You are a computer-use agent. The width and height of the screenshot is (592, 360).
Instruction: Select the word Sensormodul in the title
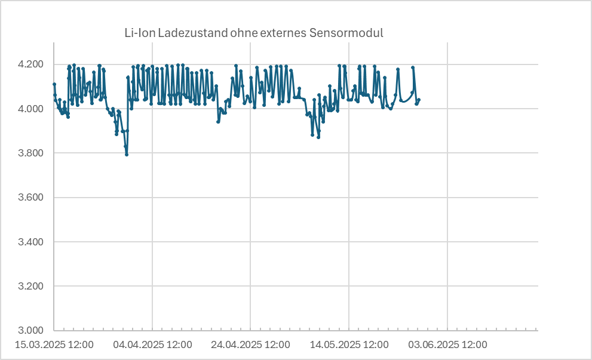pos(346,33)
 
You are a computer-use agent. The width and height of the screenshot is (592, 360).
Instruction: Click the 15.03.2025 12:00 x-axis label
pos(54,345)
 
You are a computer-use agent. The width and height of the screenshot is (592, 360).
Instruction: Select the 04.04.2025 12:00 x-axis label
pos(152,345)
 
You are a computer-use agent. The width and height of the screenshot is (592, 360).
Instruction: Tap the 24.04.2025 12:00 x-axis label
pos(251,345)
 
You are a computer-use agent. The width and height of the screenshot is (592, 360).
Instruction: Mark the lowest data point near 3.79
pos(127,155)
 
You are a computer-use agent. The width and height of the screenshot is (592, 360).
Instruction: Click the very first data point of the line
pos(54,84)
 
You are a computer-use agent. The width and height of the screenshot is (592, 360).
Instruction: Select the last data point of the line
pos(419,100)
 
